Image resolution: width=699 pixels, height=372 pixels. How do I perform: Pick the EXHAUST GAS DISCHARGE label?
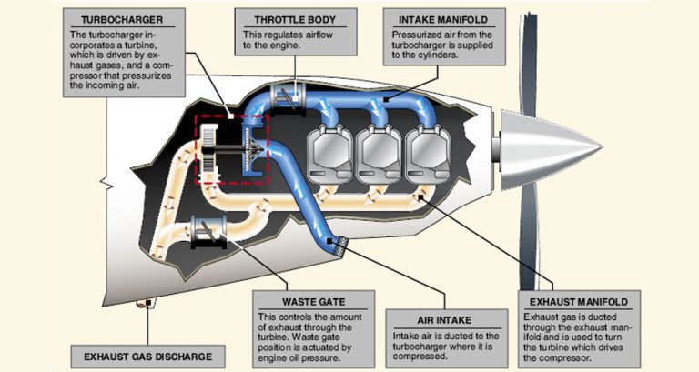(147, 356)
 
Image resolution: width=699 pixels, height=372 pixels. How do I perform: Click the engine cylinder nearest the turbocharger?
(325, 150)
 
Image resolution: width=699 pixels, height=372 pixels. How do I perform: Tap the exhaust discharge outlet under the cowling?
(142, 306)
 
